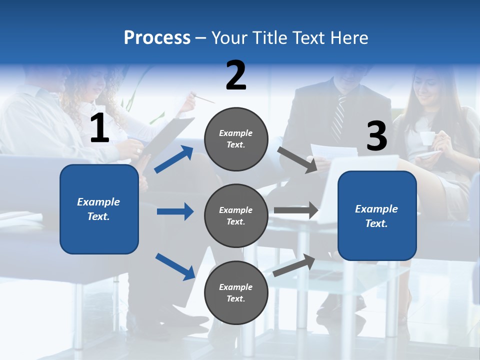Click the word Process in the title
pos(157,38)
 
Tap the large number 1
pos(99,128)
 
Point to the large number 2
pos(236,75)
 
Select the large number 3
pos(376,136)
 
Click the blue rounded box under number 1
pos(99,209)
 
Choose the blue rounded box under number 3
pos(377,215)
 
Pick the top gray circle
pos(236,139)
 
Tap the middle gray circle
pos(236,215)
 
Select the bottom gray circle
pos(236,292)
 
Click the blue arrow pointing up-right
pos(174,159)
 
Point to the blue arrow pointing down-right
pos(175,266)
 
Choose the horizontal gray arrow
pos(295,210)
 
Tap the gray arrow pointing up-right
pos(294,265)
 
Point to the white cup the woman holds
pos(426,138)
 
